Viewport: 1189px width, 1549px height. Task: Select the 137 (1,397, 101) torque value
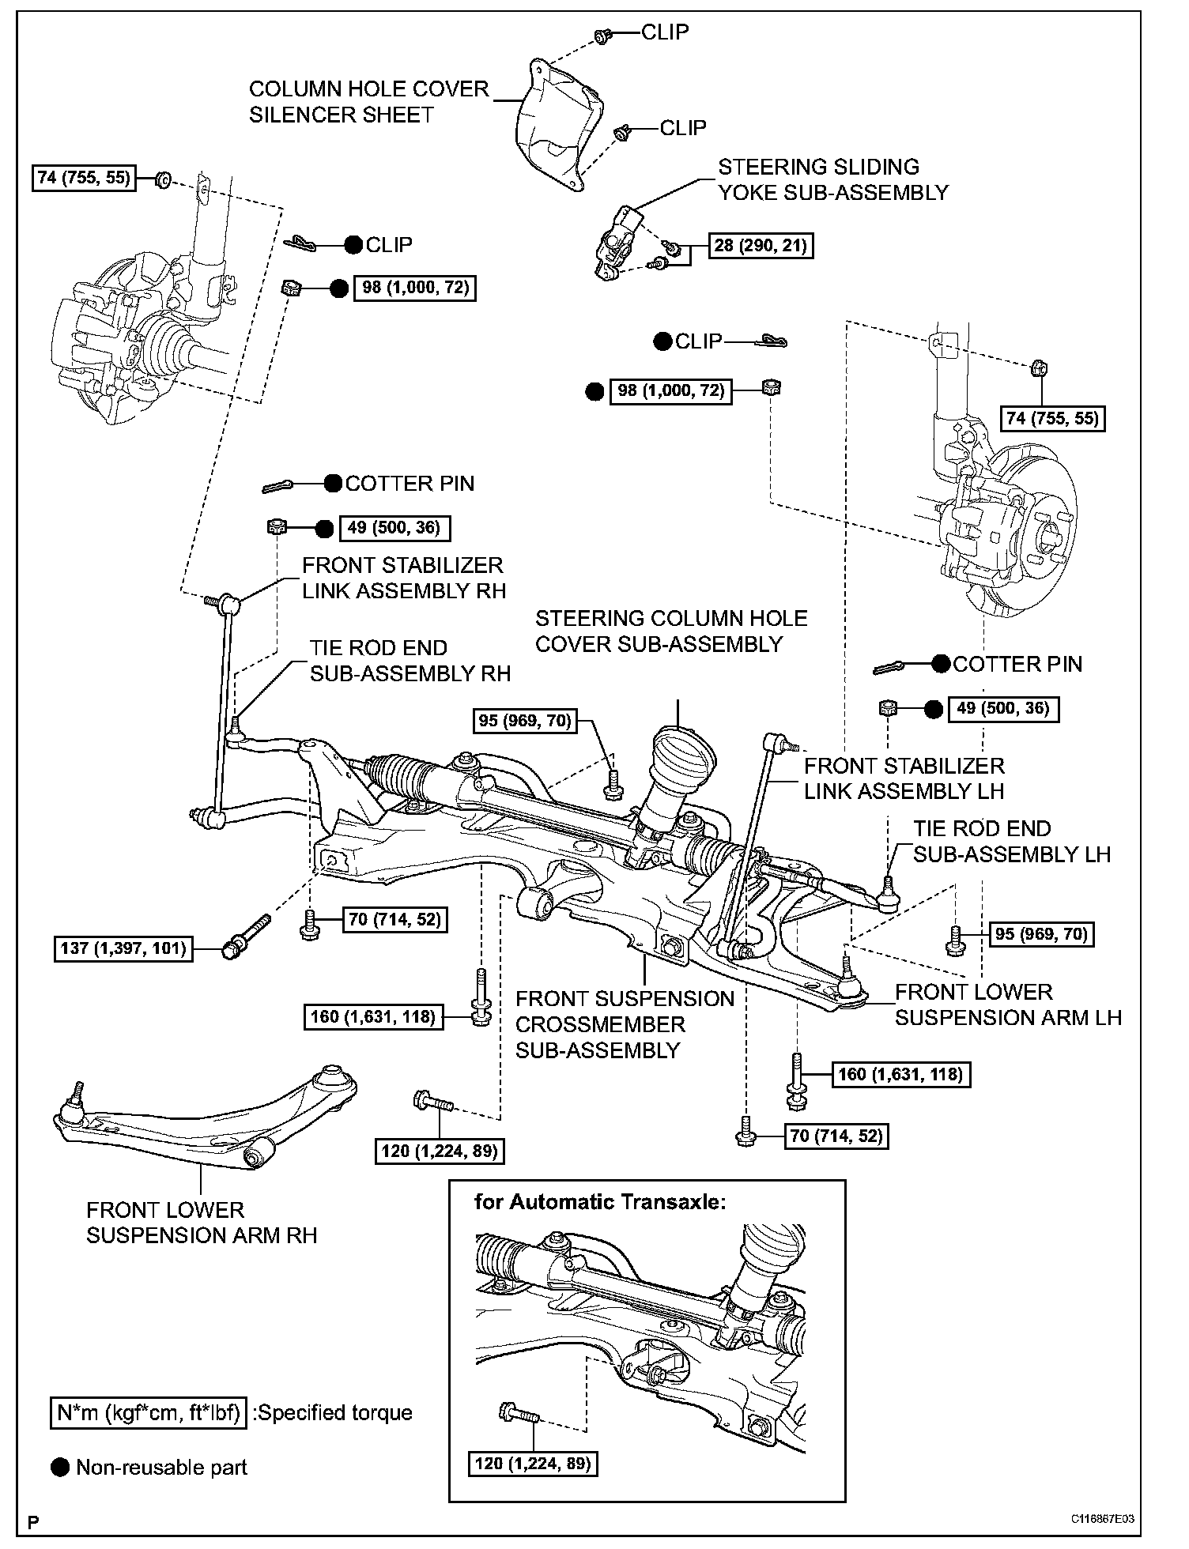tap(124, 947)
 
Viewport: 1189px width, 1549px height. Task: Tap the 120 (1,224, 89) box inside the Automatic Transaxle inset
tap(532, 1463)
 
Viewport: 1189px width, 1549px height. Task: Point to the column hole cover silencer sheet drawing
tap(557, 126)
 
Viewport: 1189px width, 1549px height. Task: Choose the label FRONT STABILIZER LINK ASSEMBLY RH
tap(403, 578)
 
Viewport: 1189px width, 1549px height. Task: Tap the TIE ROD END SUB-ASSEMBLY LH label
tap(1012, 841)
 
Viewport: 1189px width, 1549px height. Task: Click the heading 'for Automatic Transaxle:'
tap(600, 1202)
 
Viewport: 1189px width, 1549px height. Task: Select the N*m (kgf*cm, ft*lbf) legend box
tap(148, 1411)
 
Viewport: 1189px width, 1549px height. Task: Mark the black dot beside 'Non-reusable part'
tap(60, 1468)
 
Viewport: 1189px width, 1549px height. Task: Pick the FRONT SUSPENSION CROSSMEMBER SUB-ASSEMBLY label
tap(625, 1024)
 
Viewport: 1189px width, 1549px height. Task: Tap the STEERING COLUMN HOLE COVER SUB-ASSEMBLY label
tap(671, 631)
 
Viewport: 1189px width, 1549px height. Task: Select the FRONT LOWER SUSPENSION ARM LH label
tap(1008, 1004)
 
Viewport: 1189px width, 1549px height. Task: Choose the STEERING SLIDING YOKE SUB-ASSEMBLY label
tap(832, 179)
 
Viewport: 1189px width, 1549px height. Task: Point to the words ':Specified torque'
tap(332, 1412)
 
